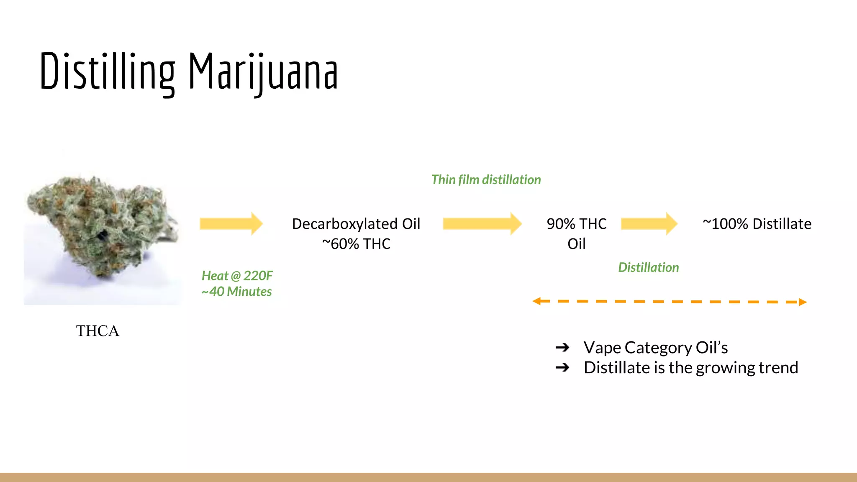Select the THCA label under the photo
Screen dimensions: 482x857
(x=98, y=331)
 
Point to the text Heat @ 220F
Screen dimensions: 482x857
(x=237, y=276)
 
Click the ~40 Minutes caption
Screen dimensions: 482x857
(x=236, y=292)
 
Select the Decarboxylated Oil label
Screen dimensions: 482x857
(x=356, y=224)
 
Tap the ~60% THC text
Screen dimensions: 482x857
(x=356, y=244)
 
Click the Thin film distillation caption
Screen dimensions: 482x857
(x=486, y=180)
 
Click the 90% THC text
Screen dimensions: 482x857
(x=576, y=224)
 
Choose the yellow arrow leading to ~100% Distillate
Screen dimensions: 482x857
(x=649, y=224)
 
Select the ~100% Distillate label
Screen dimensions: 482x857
(x=757, y=224)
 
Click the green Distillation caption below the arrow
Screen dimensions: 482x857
(x=648, y=268)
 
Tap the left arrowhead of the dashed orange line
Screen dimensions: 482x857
(x=536, y=301)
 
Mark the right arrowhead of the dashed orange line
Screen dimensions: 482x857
(x=802, y=302)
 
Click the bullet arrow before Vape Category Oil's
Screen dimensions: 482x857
(x=562, y=348)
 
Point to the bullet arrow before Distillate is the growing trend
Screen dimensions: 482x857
(x=562, y=368)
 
